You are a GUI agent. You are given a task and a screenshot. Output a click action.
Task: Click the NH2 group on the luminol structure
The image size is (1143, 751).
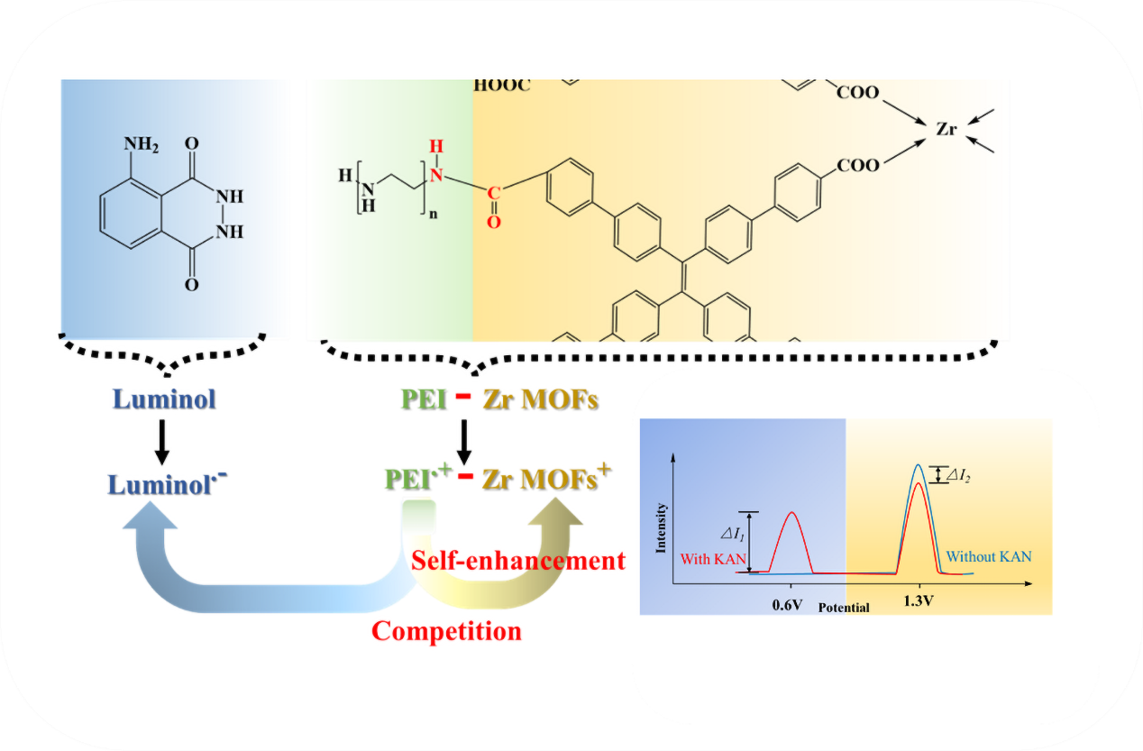pyautogui.click(x=141, y=144)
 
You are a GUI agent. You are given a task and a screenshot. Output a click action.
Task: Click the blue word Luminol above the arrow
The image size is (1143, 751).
pyautogui.click(x=164, y=399)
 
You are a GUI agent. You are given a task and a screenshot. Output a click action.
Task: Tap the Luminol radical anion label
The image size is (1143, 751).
pyautogui.click(x=168, y=484)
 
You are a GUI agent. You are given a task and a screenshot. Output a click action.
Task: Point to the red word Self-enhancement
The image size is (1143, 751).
pyautogui.click(x=517, y=561)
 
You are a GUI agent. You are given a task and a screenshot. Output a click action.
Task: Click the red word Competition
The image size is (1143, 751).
pyautogui.click(x=446, y=631)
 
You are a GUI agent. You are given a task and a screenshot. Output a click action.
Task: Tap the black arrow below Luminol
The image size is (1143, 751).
pyautogui.click(x=165, y=441)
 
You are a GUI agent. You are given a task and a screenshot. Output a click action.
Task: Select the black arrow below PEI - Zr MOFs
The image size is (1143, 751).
pyautogui.click(x=465, y=441)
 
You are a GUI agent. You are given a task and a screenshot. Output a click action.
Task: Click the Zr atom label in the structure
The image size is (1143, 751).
pyautogui.click(x=946, y=129)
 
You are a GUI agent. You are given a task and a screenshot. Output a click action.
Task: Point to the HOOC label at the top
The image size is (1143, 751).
pyautogui.click(x=502, y=87)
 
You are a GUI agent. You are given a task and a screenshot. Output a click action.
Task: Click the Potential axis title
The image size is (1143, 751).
pyautogui.click(x=844, y=608)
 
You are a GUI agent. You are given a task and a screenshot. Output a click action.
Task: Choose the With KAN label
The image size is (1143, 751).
pyautogui.click(x=712, y=559)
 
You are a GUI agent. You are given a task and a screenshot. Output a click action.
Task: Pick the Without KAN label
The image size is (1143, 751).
pyautogui.click(x=989, y=557)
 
